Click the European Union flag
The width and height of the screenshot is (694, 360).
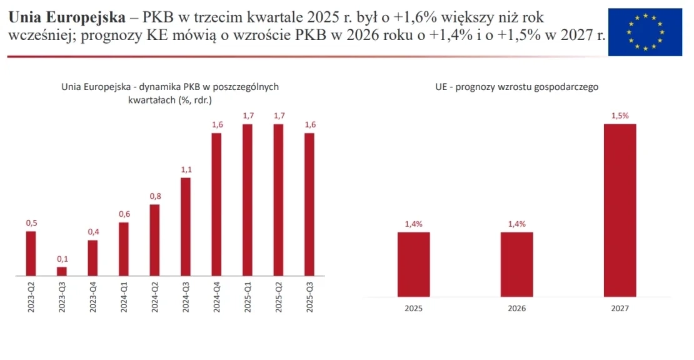point(645,32)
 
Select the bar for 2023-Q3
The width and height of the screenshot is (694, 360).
point(62,271)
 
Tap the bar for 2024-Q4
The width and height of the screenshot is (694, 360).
point(216,204)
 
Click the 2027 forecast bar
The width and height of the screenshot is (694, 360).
point(620,210)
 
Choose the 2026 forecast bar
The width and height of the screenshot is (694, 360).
point(516,264)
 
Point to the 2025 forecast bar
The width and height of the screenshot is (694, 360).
point(414,264)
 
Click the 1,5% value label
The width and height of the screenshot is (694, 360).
point(620,115)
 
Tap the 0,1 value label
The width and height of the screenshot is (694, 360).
point(62,259)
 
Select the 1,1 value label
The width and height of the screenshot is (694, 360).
point(186,169)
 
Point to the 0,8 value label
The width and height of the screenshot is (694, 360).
point(155,196)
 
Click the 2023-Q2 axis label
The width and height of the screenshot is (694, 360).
point(31,298)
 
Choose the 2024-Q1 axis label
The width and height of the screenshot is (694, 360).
point(124,298)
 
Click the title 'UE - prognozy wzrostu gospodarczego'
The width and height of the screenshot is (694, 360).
point(517,87)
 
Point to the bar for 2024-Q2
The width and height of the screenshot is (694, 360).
point(155,240)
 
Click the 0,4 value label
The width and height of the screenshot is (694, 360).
point(93,232)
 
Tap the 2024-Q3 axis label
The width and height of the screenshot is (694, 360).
point(186,298)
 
